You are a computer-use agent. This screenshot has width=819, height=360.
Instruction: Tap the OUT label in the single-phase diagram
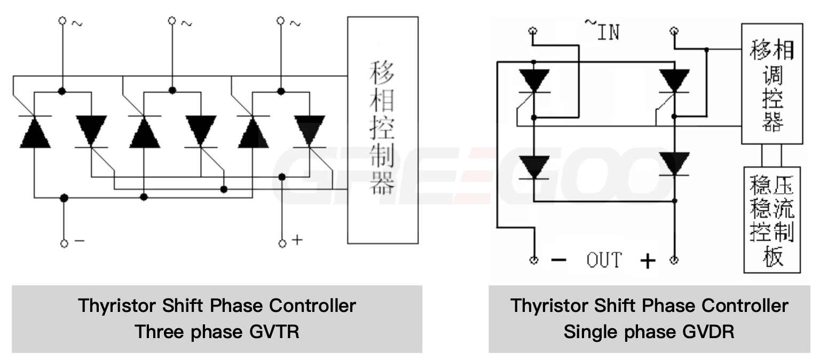pos(604,261)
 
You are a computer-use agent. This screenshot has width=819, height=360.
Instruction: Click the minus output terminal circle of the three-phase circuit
pos(64,243)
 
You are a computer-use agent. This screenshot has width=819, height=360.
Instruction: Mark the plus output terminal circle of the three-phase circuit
pos(282,244)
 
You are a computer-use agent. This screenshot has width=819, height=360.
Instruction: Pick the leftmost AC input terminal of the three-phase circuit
pos(62,21)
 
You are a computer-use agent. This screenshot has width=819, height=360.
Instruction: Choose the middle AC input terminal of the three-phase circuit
pos(172,21)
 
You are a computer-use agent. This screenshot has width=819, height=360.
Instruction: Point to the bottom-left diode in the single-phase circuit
pos(534,167)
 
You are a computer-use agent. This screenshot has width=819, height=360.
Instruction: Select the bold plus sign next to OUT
pos(647,261)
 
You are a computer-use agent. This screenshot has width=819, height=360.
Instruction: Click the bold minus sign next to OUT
pos(558,261)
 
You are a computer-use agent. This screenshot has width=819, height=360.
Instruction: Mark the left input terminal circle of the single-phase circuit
pos(532,31)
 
